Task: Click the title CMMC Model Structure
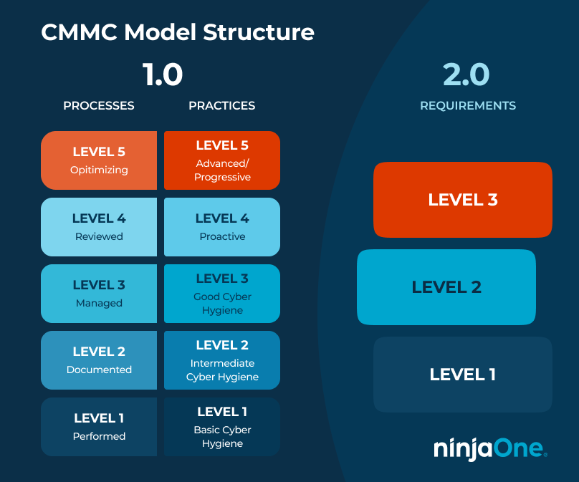(x=177, y=33)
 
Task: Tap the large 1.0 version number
(x=162, y=74)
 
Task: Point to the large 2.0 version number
(x=466, y=74)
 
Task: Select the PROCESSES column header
(x=99, y=105)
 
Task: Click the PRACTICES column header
(x=221, y=105)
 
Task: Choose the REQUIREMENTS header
(x=467, y=105)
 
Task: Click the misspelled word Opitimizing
(x=99, y=170)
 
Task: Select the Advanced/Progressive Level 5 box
(x=222, y=160)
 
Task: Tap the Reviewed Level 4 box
(x=99, y=227)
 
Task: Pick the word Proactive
(x=222, y=236)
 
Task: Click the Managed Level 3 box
(x=99, y=294)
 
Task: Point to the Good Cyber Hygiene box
(x=222, y=294)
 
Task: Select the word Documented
(x=99, y=370)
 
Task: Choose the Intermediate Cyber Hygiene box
(x=222, y=360)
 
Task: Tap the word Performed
(x=99, y=436)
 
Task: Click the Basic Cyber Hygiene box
(x=222, y=427)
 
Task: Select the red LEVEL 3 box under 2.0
(x=462, y=200)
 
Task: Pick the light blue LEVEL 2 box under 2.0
(x=446, y=287)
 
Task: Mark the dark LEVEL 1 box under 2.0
(x=462, y=375)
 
